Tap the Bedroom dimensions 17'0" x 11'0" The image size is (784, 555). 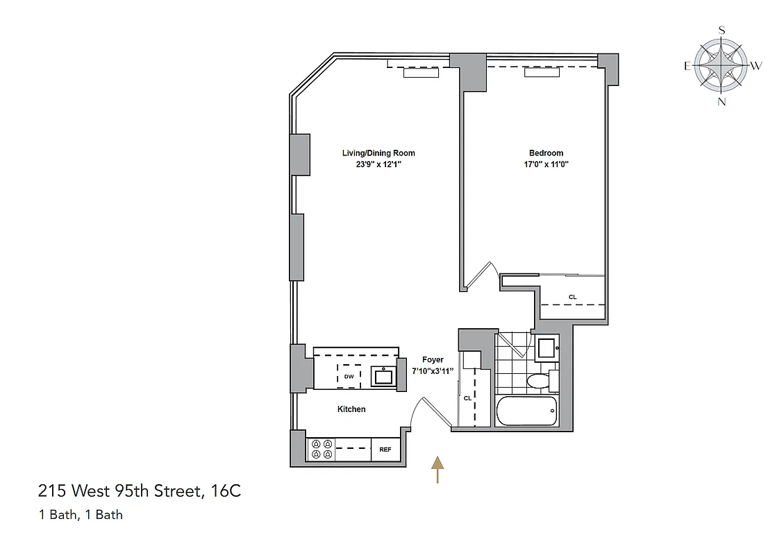(x=546, y=164)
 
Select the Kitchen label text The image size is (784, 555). (x=351, y=409)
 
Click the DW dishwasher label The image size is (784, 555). (x=349, y=377)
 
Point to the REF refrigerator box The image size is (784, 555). (x=385, y=450)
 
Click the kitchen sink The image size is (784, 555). (x=382, y=377)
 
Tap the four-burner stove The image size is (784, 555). (x=322, y=450)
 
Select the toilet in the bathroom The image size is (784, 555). (x=539, y=381)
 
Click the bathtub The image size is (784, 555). (x=527, y=412)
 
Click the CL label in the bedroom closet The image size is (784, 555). (x=573, y=297)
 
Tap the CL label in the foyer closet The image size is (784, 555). (x=467, y=398)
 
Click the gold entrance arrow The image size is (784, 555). (x=437, y=469)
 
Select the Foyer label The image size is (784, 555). (x=433, y=360)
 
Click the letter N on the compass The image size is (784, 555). (x=722, y=101)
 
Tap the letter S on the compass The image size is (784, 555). (x=722, y=30)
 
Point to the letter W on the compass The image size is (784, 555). (x=757, y=66)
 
